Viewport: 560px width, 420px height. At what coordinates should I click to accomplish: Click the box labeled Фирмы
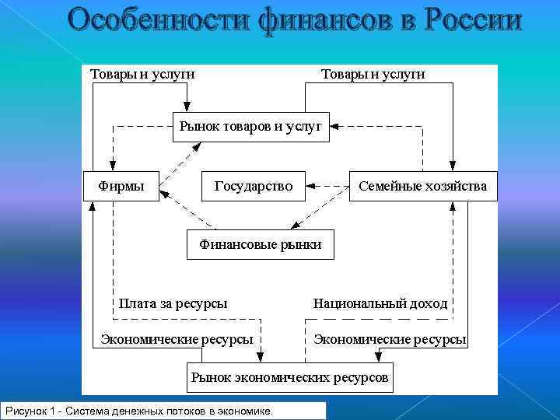pos(121,186)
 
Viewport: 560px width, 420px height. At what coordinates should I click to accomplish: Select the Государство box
pos(254,186)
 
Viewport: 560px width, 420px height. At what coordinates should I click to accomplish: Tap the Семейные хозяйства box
pos(423,186)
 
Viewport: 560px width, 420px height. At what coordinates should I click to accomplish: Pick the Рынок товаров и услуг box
pos(250,126)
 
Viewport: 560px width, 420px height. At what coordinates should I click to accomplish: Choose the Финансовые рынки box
pos(261,244)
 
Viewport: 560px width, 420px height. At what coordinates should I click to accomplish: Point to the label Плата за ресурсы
pos(173,303)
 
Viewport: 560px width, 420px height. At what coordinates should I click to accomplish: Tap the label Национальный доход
pos(380,303)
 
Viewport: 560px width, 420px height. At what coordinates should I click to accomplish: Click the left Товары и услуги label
pos(143,74)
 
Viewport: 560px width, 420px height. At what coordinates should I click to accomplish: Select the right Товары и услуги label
pos(373,74)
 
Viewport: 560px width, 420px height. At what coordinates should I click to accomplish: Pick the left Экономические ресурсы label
pos(177,339)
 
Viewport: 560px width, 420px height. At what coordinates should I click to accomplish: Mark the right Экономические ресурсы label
pos(390,339)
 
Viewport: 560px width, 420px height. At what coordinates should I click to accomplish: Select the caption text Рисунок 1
pos(31,410)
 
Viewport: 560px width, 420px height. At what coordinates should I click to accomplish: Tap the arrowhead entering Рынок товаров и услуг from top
pos(187,108)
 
